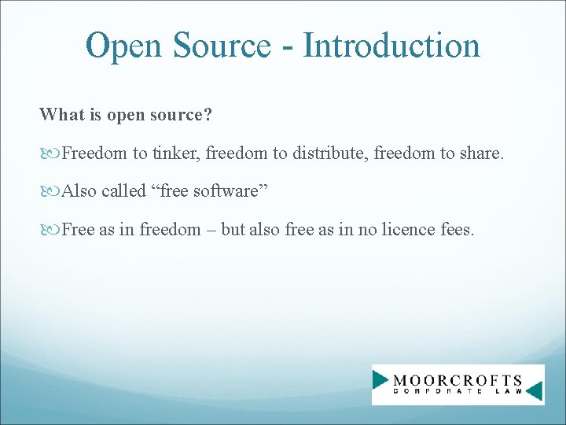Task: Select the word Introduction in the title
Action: coord(391,46)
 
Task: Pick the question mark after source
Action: coord(208,115)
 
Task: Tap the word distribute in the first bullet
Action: coord(329,153)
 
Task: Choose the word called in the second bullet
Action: coord(121,191)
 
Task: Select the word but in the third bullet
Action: coord(233,230)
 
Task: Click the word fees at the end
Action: coord(456,230)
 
